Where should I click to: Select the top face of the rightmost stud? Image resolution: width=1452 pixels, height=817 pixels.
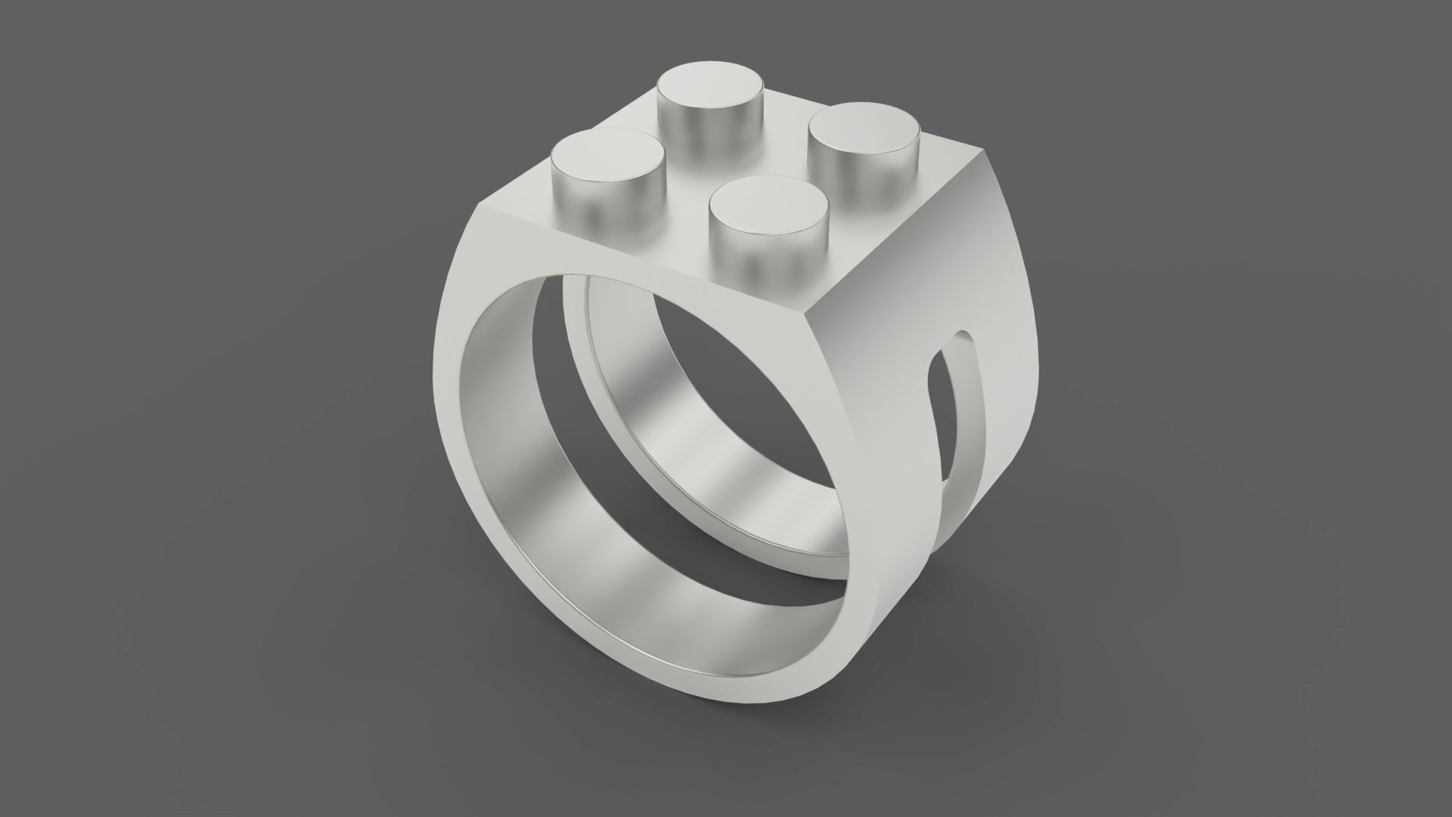pyautogui.click(x=864, y=126)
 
